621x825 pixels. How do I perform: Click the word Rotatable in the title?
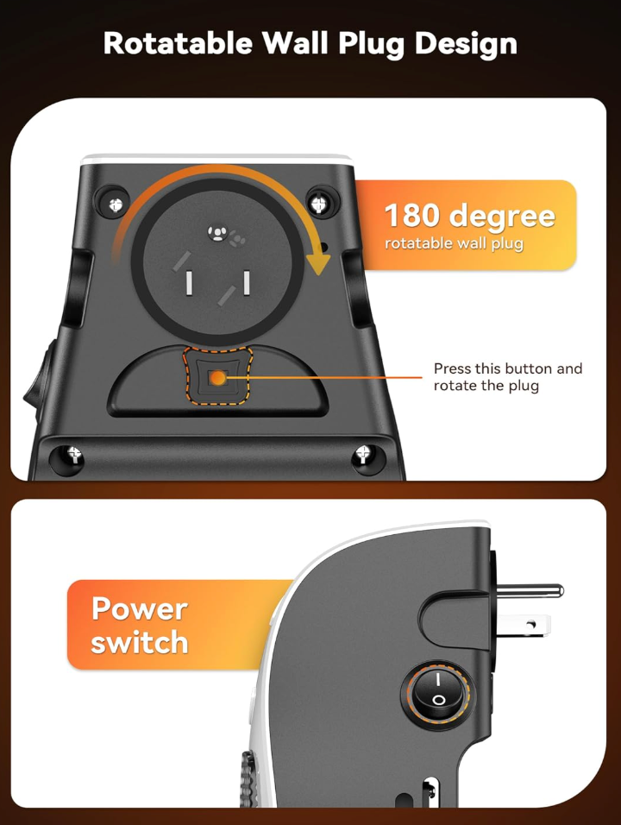[x=178, y=43]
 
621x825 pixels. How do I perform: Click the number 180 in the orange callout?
[x=411, y=215]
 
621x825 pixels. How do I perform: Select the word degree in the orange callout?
[x=502, y=217]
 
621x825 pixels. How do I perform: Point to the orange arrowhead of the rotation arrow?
[x=318, y=263]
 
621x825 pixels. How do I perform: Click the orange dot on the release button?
[x=217, y=378]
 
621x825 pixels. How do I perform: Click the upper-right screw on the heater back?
[x=318, y=203]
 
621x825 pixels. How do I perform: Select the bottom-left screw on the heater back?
[x=74, y=454]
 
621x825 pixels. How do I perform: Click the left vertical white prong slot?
[x=188, y=282]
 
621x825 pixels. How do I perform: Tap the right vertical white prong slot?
[x=246, y=282]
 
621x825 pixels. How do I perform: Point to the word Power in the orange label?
[x=140, y=608]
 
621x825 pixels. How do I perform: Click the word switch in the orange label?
[x=140, y=642]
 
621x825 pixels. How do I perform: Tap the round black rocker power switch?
[x=437, y=691]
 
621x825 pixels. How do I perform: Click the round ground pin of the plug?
[x=530, y=591]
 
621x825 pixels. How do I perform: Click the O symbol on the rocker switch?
[x=438, y=701]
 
